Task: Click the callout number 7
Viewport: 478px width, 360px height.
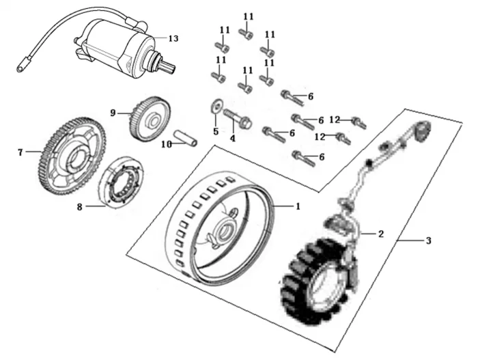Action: (20, 152)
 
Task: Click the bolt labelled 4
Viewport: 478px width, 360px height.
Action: (236, 121)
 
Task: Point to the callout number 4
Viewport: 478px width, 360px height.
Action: (232, 139)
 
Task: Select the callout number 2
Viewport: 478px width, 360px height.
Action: (381, 234)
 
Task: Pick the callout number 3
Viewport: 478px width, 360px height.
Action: (428, 240)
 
